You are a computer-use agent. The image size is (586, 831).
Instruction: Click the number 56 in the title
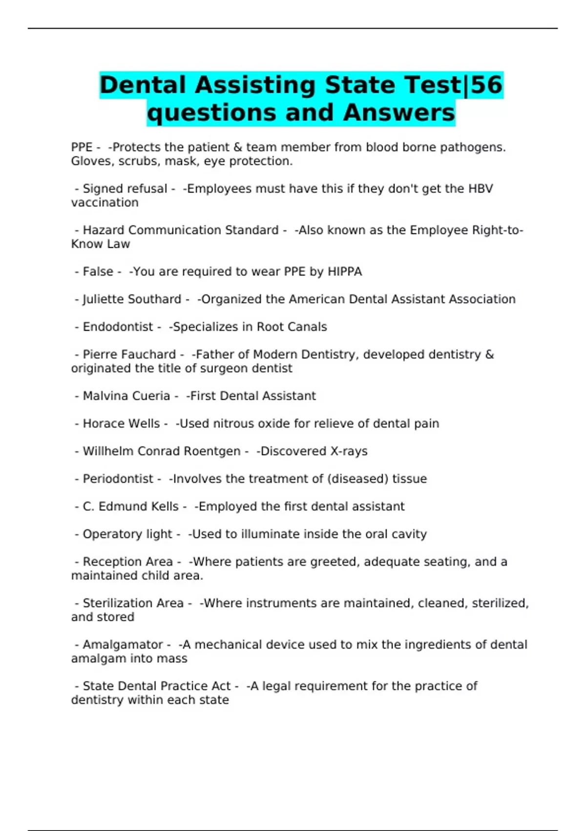click(486, 85)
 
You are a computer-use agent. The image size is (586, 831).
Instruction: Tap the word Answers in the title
click(399, 113)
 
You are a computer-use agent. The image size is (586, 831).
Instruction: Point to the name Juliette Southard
click(132, 299)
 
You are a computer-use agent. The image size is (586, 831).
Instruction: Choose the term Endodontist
click(118, 327)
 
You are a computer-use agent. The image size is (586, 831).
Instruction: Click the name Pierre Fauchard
click(129, 354)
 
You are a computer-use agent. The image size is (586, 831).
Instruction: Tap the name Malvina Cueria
click(126, 396)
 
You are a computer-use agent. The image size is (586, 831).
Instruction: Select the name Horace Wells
click(121, 424)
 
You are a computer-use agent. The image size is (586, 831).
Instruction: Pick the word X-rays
click(349, 451)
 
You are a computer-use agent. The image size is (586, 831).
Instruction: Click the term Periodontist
click(118, 479)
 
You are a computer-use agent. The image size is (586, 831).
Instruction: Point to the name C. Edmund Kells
click(130, 506)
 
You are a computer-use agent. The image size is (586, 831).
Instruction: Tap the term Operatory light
click(127, 534)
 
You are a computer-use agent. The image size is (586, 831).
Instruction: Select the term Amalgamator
click(123, 645)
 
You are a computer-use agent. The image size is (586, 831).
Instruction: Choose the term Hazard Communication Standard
click(180, 230)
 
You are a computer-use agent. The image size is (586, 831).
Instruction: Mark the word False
click(98, 272)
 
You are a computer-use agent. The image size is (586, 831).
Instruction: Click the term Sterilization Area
click(133, 603)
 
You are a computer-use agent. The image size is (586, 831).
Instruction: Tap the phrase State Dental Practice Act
click(156, 686)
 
